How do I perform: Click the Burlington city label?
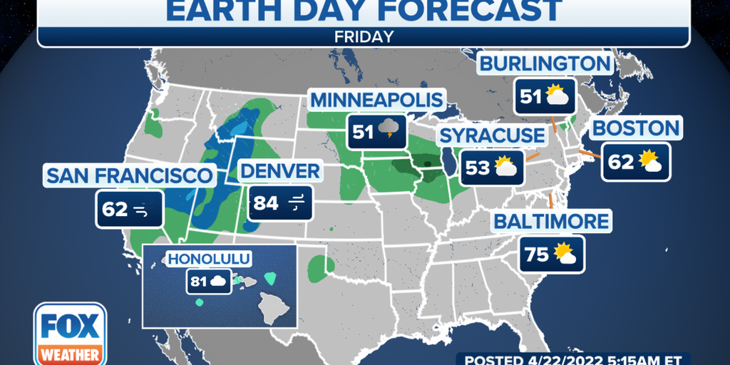[x=545, y=63]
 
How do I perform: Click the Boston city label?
[x=636, y=129]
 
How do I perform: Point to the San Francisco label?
[x=129, y=175]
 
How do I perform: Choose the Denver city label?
[x=279, y=171]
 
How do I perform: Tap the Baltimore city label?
[x=552, y=221]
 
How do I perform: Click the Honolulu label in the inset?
[x=200, y=258]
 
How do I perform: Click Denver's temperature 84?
[x=266, y=204]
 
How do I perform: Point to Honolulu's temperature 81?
[x=199, y=281]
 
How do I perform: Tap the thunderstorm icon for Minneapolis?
[x=389, y=130]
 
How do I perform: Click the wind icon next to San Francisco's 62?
[x=141, y=210]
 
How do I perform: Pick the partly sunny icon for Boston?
[x=651, y=162]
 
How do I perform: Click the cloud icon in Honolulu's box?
[x=218, y=281]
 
